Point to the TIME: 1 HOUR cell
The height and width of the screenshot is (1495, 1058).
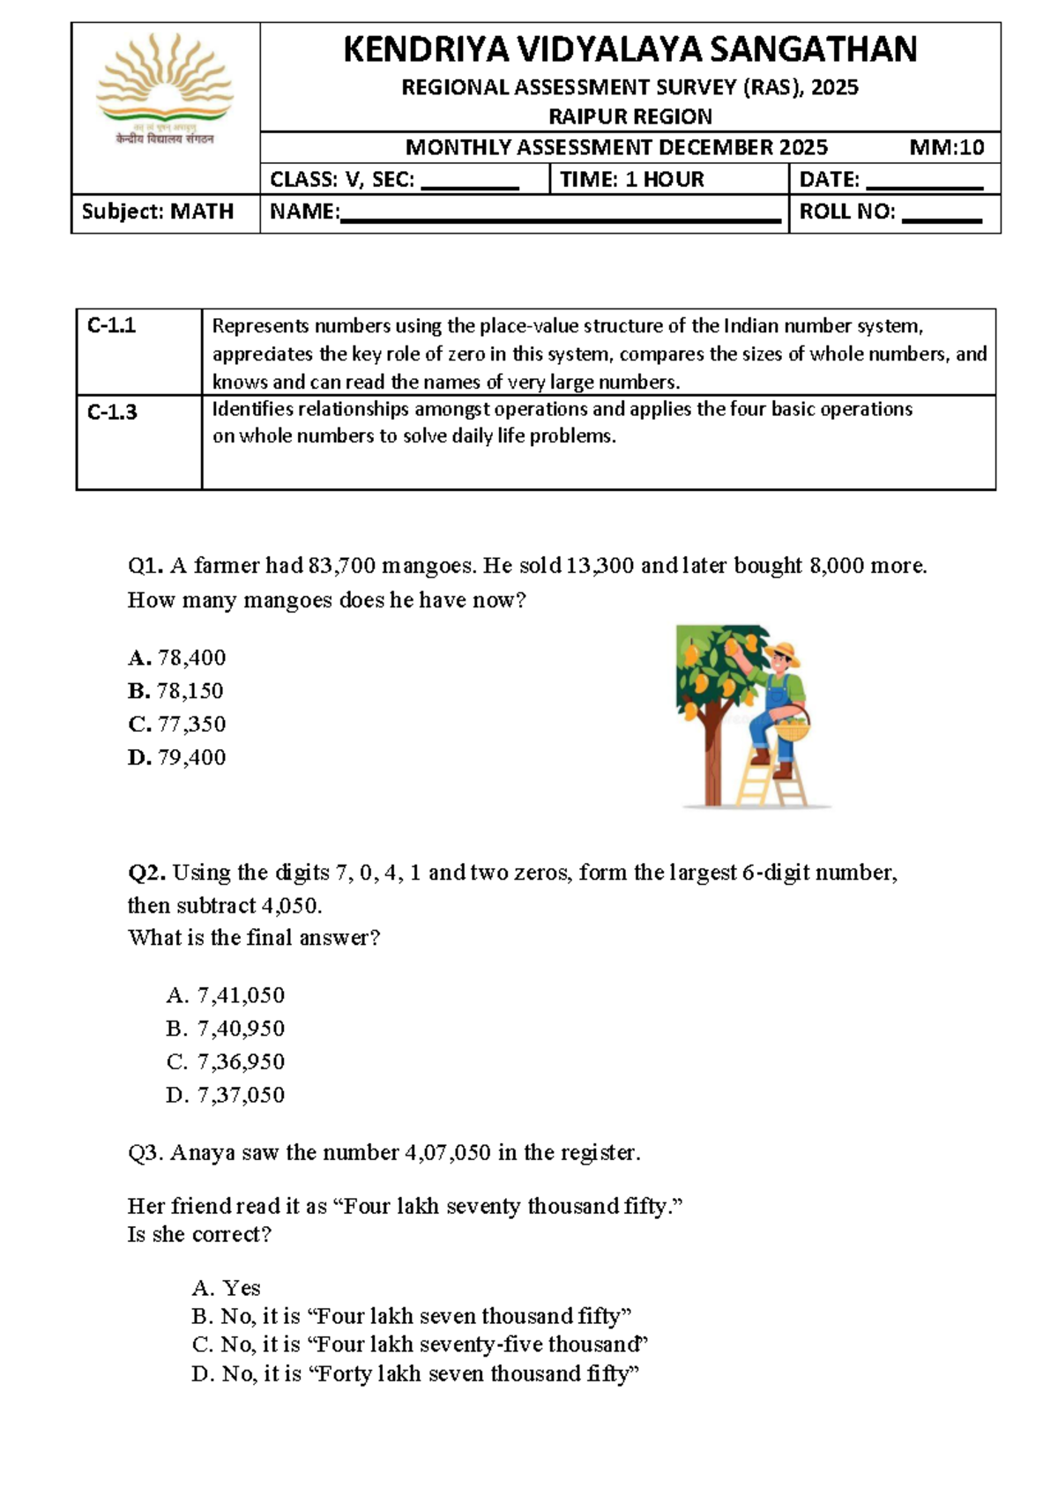point(632,180)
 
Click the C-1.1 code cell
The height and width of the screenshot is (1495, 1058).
point(112,326)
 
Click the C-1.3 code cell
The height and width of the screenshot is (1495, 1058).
point(112,413)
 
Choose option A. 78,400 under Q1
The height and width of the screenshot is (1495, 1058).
point(177,658)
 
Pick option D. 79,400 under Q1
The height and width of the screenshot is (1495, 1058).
point(177,757)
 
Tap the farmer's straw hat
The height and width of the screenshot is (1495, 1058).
point(782,653)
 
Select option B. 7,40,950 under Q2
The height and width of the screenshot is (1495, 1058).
point(226,1029)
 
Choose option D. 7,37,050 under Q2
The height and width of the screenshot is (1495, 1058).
point(226,1095)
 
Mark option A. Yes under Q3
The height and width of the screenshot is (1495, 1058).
point(226,1288)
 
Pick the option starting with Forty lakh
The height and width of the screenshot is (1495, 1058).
point(414,1373)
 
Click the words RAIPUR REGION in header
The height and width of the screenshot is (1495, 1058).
point(630,116)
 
